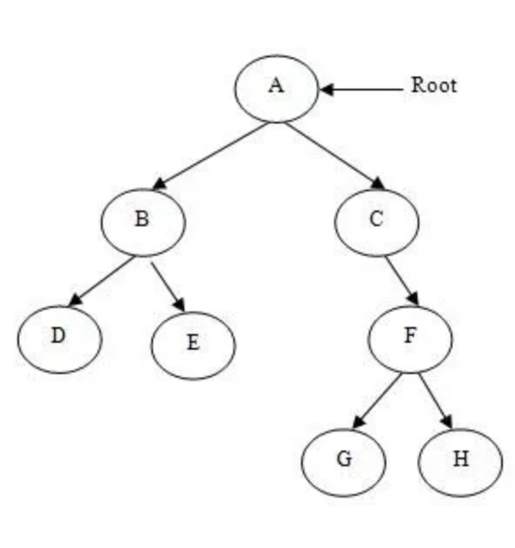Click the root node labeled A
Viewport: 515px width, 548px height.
pos(276,87)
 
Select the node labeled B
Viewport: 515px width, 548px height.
pos(143,219)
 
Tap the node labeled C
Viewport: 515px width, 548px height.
pos(376,219)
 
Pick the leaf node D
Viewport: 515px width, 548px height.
pos(58,336)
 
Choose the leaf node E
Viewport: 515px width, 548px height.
pos(192,343)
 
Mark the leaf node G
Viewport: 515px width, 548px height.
pos(344,458)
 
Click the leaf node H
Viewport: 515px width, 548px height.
pos(459,458)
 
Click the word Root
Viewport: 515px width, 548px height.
pos(433,86)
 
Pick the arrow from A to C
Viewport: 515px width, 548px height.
pos(336,155)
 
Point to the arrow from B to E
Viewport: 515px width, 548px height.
pos(168,284)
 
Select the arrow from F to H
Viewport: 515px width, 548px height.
pos(436,400)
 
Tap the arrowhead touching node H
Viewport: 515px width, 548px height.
pos(449,421)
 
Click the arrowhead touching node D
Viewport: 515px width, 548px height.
pos(76,300)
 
